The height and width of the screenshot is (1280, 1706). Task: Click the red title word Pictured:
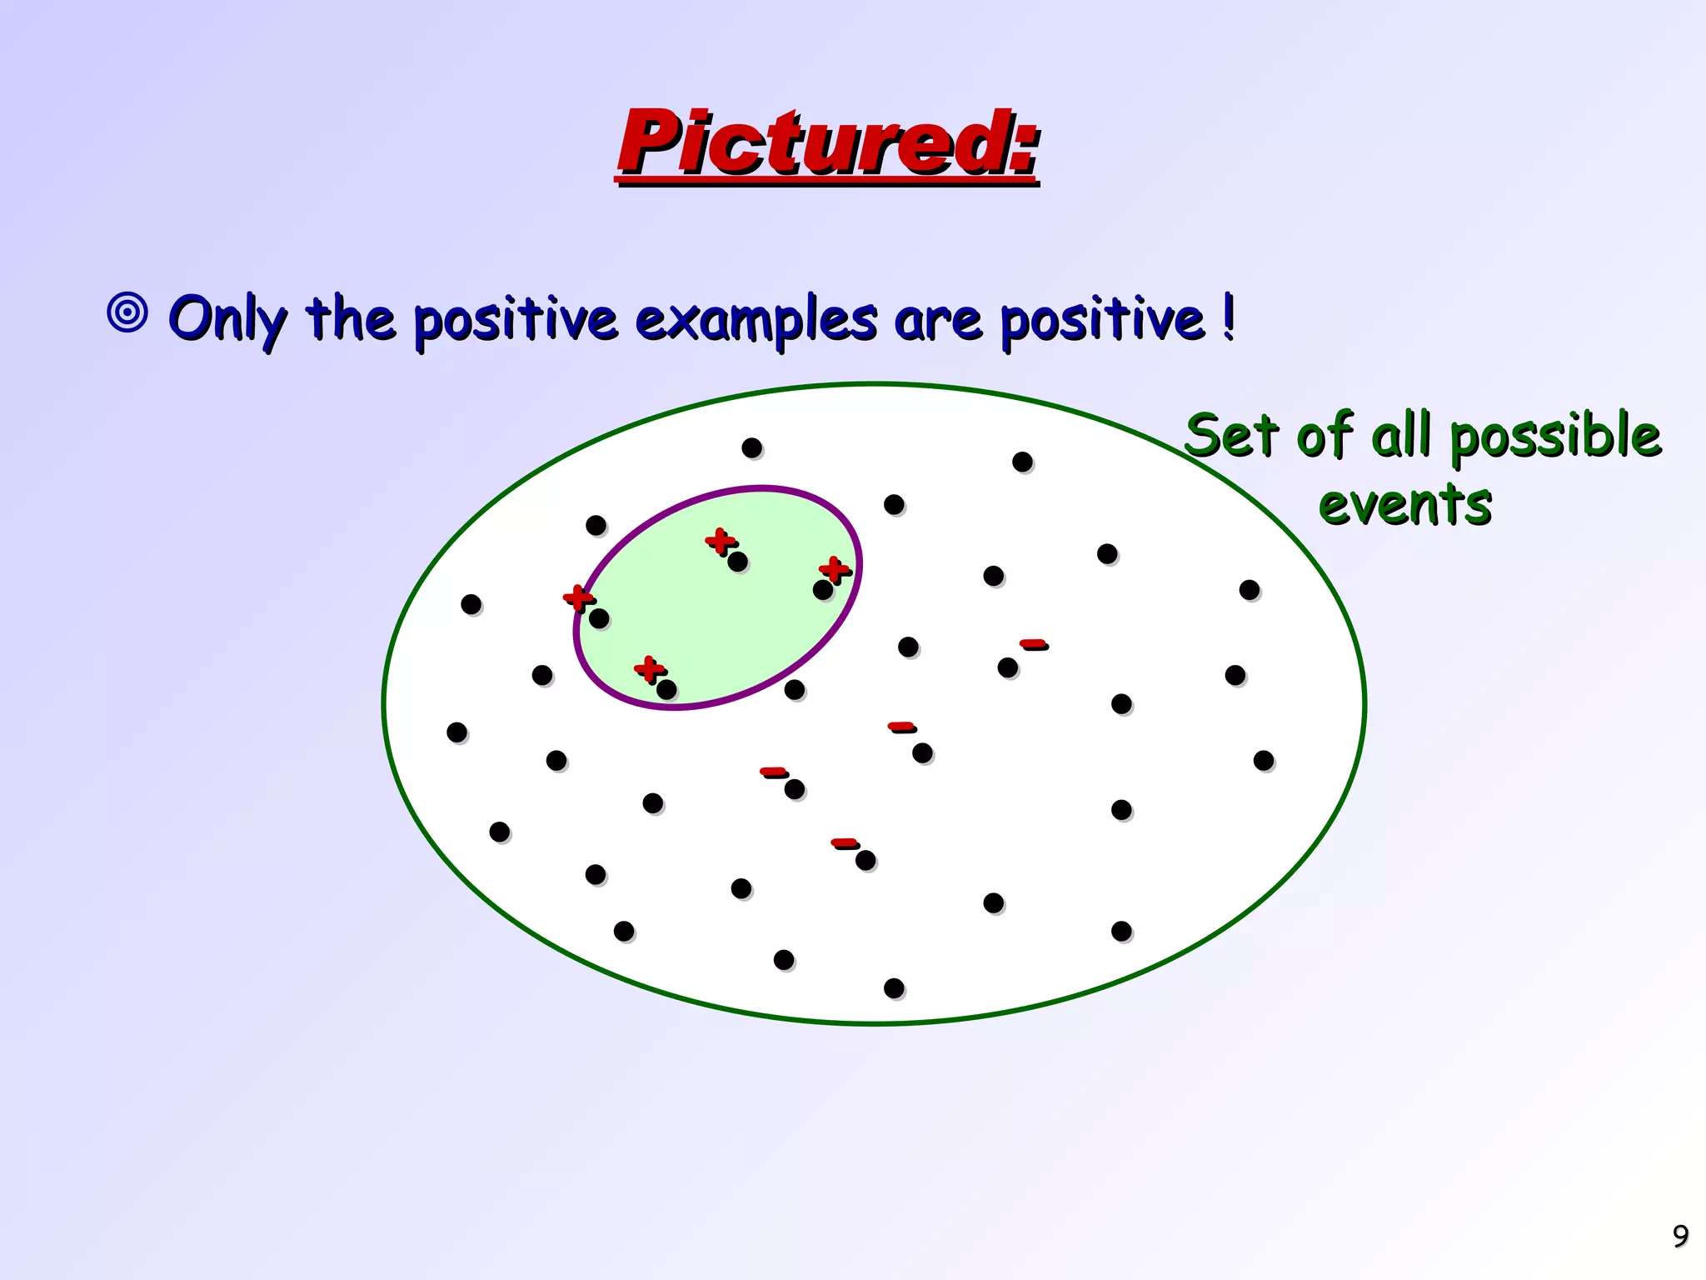(827, 143)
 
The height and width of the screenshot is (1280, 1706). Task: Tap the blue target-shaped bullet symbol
(127, 313)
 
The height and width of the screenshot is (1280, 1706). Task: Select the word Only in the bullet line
(227, 318)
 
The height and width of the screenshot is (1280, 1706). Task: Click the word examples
(756, 320)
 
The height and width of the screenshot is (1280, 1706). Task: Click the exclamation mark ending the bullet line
(1228, 317)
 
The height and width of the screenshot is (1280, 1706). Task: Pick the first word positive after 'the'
(516, 320)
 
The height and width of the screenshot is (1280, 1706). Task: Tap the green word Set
(1230, 436)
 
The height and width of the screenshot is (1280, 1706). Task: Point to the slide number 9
(1680, 1236)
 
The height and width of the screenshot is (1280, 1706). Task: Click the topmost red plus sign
(720, 541)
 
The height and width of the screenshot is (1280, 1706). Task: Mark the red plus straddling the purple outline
(577, 597)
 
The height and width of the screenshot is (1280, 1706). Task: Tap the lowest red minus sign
(844, 842)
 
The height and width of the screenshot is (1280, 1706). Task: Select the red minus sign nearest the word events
(1032, 643)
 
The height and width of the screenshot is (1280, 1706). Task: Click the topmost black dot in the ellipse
(752, 448)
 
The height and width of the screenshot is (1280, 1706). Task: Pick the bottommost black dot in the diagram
(894, 988)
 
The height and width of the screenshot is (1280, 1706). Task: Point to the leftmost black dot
(456, 732)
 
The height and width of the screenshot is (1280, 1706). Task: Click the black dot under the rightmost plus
(823, 590)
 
